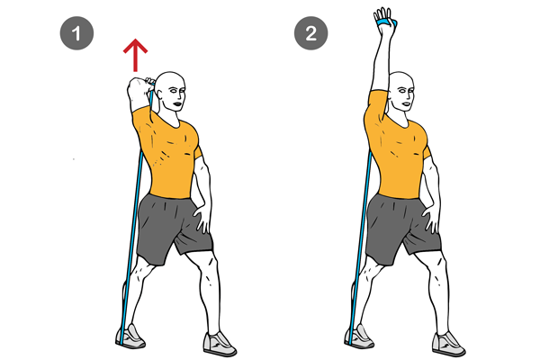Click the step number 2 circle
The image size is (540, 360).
310,36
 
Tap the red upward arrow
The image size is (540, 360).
135,55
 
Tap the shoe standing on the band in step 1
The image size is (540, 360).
130,337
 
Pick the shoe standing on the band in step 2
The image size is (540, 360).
358,337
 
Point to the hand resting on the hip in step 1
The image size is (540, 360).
204,216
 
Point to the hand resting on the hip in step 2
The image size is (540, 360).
434,216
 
